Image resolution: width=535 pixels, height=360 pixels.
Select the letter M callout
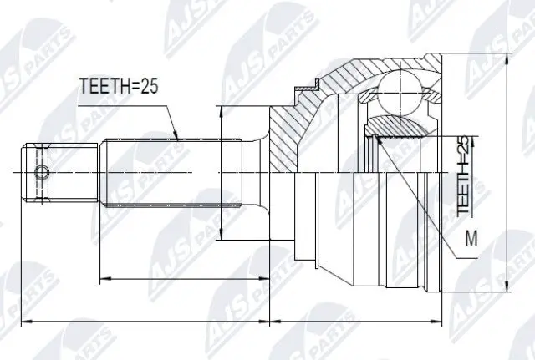pos(471,240)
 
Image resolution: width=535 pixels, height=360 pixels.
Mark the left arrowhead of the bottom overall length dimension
pos(23,320)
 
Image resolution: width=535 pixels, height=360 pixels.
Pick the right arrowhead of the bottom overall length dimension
pos(441,320)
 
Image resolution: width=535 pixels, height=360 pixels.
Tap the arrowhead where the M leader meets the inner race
pos(378,138)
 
